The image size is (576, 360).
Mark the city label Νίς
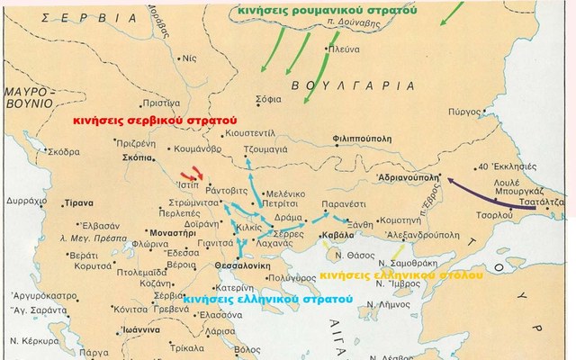(x=188, y=57)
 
